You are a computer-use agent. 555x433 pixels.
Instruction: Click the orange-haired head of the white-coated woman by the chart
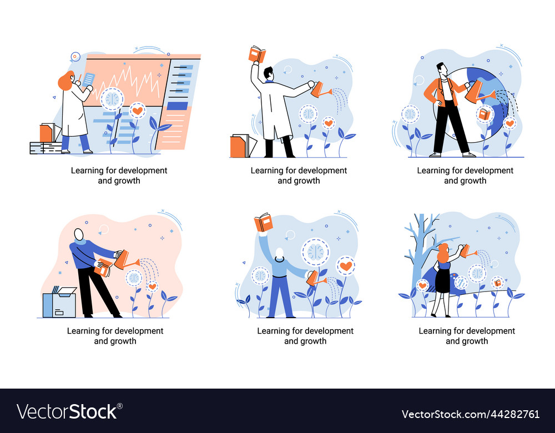tap(67, 81)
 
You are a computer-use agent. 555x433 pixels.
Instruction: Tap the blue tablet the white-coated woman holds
tap(88, 79)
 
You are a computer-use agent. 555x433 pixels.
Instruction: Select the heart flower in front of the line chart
tap(137, 110)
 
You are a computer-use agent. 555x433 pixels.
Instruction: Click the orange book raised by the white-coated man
tap(257, 54)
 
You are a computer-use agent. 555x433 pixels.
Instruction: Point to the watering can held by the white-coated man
tap(320, 89)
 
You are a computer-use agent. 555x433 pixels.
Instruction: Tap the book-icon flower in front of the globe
tap(485, 114)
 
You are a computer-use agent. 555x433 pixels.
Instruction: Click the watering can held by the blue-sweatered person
tap(123, 258)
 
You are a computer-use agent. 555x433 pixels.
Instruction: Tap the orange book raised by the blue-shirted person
tap(264, 223)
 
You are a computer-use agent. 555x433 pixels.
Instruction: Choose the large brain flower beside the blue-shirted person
tap(315, 251)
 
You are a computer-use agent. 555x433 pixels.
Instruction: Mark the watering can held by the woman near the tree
tap(466, 251)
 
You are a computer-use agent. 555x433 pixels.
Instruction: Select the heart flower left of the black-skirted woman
tap(422, 285)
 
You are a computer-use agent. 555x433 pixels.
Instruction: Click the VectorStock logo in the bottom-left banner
tap(67, 411)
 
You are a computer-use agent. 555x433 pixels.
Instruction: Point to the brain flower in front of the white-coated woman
tap(113, 98)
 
